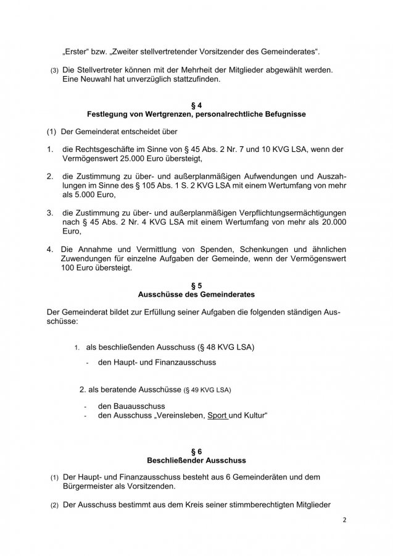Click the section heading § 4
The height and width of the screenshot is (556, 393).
click(x=196, y=106)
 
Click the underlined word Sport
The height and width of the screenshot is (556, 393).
click(x=218, y=416)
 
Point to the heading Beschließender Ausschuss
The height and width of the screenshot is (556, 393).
click(x=196, y=461)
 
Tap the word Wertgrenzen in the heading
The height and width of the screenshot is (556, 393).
click(x=166, y=114)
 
